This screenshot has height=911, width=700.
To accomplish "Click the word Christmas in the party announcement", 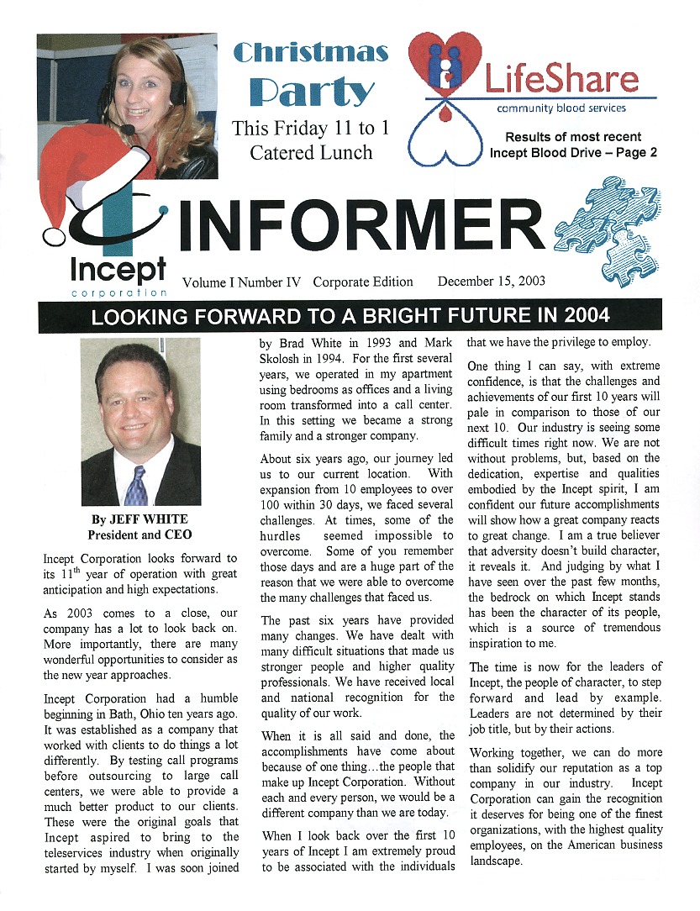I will coord(311,53).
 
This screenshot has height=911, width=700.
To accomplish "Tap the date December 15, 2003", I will coord(492,282).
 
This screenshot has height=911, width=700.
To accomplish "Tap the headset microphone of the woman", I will coord(127,129).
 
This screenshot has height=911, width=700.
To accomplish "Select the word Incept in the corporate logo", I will coord(118,269).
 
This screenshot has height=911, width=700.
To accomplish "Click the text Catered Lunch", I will coord(311,153).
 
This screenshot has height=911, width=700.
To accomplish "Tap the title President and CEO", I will coord(139,534).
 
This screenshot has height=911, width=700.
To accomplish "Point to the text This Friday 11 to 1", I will coord(310,129).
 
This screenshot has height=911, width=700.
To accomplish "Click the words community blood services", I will coord(561,108).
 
